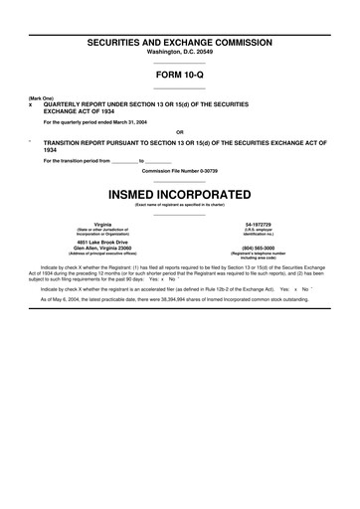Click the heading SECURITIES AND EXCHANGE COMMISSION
(180, 44)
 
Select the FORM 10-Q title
(180, 75)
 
